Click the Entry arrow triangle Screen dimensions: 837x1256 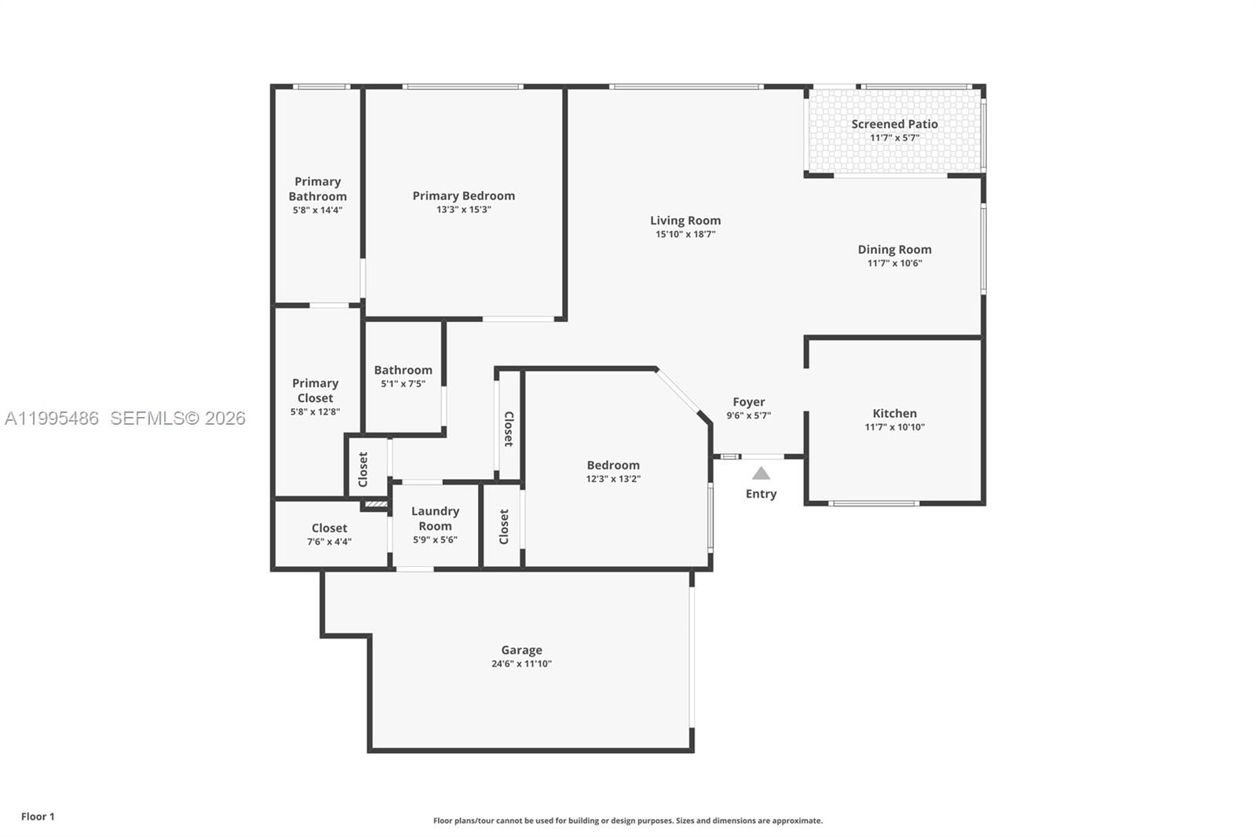(x=761, y=473)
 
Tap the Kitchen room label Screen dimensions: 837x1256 (x=894, y=413)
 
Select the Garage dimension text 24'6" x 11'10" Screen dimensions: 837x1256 (x=521, y=663)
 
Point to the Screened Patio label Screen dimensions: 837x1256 (x=894, y=124)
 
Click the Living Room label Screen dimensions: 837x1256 (x=685, y=221)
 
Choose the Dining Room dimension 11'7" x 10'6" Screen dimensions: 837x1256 (x=894, y=263)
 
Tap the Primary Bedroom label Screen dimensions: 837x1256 (x=463, y=196)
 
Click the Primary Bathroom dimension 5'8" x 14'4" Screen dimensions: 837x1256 (x=317, y=210)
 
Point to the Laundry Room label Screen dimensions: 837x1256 (x=435, y=518)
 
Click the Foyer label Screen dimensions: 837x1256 (x=749, y=402)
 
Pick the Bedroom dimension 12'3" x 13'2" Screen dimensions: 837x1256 (x=613, y=478)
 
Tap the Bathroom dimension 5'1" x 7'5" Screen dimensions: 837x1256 (x=403, y=384)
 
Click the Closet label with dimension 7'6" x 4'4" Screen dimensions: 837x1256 (x=329, y=528)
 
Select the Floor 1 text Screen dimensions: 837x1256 (x=38, y=817)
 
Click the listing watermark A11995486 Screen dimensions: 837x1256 (x=52, y=418)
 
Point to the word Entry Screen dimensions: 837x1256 (x=761, y=494)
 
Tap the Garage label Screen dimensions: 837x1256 (x=521, y=650)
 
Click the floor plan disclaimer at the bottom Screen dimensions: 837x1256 (x=627, y=821)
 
